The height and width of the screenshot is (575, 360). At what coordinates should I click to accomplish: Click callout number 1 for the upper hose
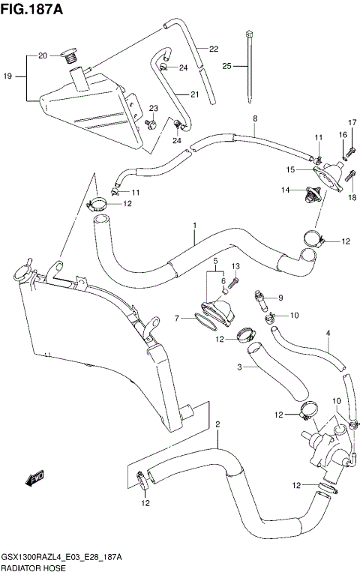[194, 225]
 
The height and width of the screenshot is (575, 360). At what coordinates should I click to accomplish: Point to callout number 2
[217, 425]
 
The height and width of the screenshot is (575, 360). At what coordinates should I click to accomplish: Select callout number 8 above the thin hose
[254, 118]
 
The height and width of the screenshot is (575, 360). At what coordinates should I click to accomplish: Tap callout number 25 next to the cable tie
[227, 67]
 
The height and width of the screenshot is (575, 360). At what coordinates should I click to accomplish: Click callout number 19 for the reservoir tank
[7, 76]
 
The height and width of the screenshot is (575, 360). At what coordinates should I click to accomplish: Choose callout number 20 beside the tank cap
[42, 56]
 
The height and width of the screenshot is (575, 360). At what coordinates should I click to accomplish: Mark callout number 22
[214, 49]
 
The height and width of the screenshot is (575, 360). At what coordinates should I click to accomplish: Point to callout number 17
[350, 122]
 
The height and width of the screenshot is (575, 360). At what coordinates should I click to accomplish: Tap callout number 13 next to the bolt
[235, 267]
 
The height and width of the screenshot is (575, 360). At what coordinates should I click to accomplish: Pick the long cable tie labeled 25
[247, 67]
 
